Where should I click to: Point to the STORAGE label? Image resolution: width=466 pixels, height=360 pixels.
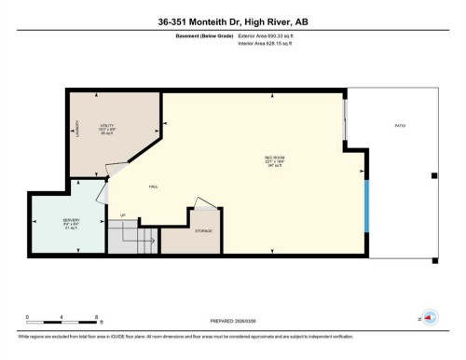coord(203,230)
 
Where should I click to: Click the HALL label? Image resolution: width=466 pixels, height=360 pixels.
coord(152,187)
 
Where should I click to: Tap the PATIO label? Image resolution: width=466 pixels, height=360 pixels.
coord(400,125)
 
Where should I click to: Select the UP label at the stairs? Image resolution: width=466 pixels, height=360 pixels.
coord(122,216)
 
